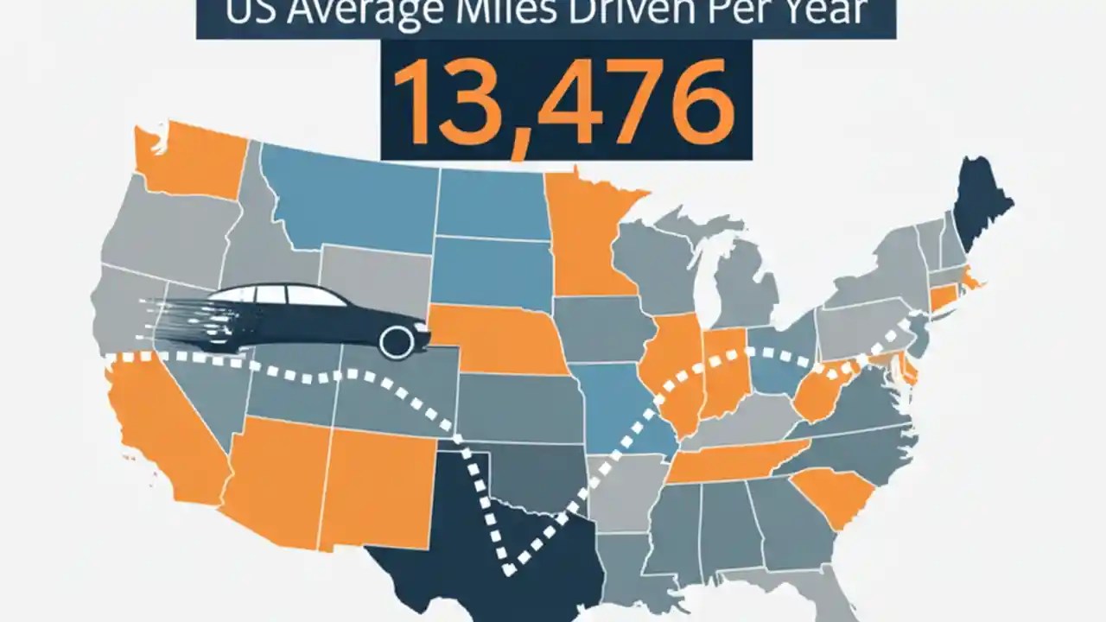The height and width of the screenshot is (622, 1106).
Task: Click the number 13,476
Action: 566,100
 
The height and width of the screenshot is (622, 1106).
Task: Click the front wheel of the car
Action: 397,342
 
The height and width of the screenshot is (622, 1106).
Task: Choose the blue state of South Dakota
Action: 488,272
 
